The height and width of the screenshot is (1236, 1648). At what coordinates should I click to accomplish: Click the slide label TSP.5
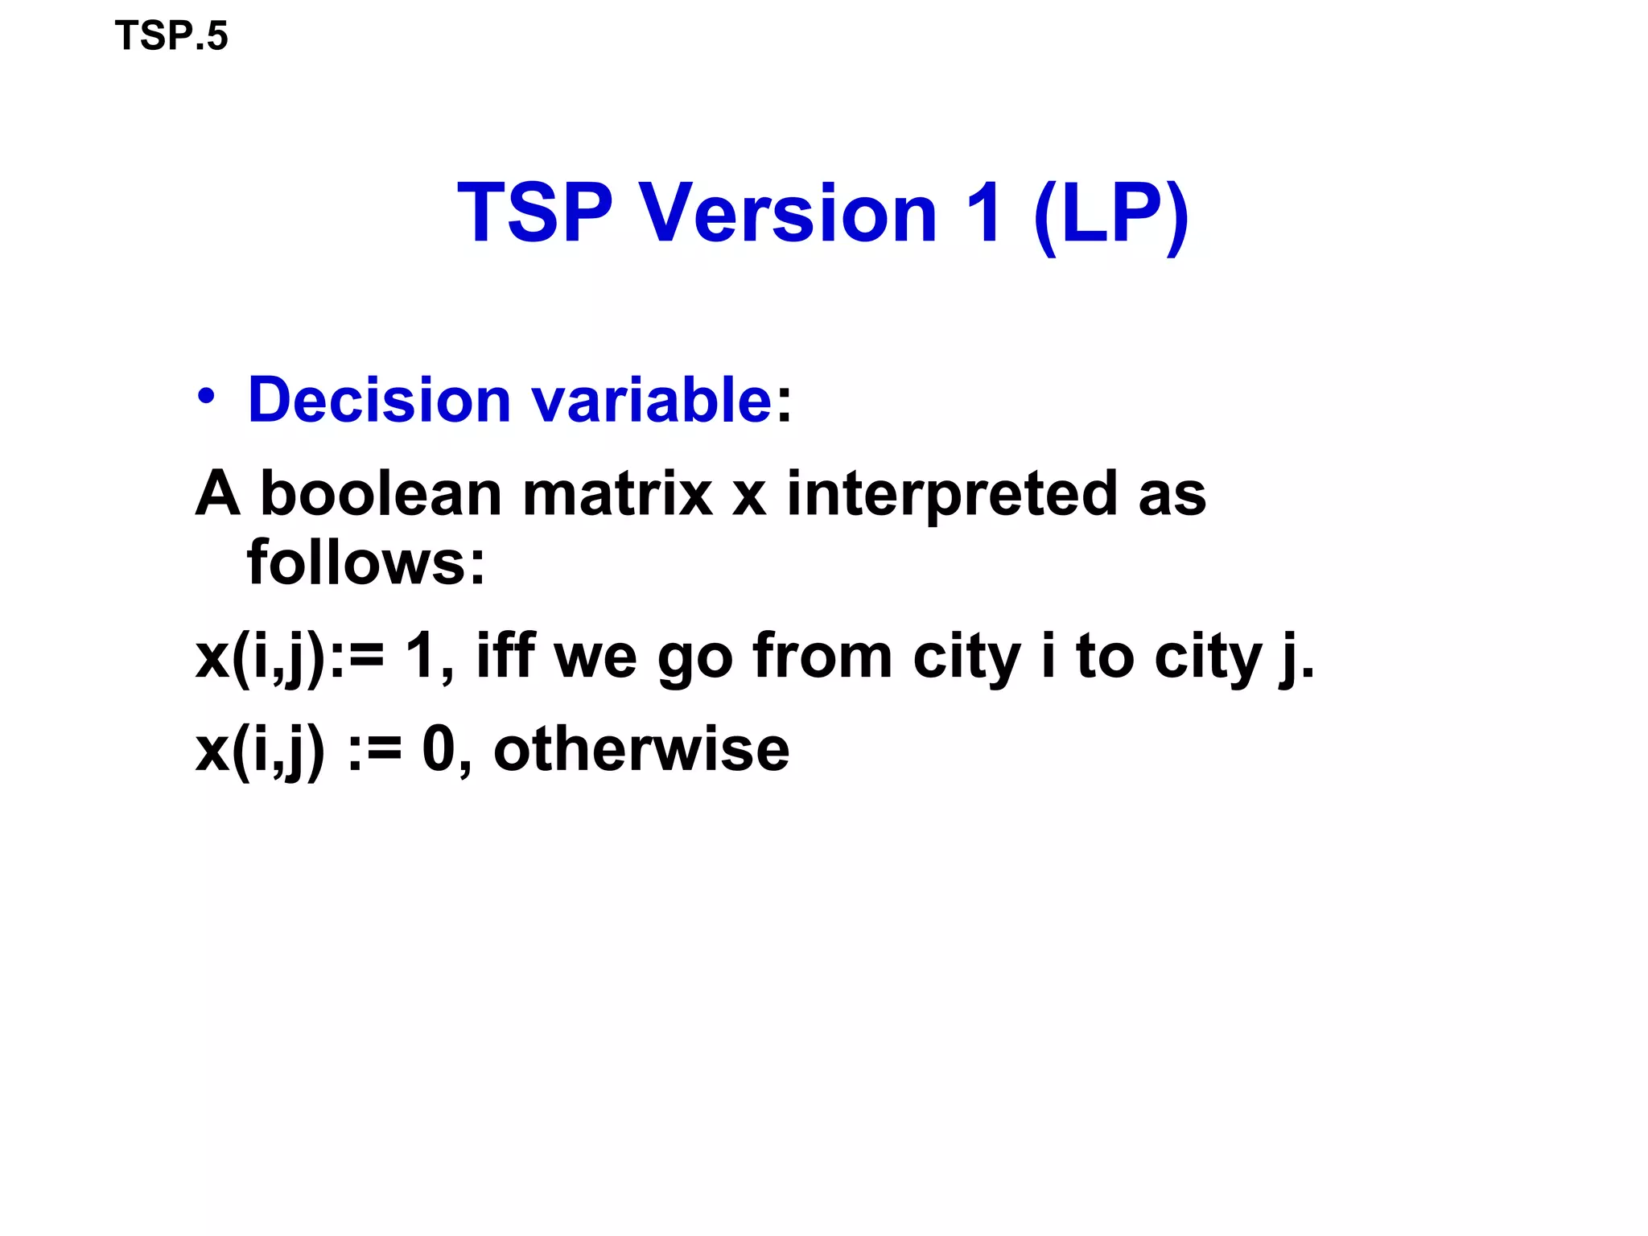pyautogui.click(x=171, y=36)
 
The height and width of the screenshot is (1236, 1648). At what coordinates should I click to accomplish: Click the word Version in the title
pyautogui.click(x=789, y=212)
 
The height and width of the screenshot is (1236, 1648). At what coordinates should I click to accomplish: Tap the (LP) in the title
pyautogui.click(x=1110, y=212)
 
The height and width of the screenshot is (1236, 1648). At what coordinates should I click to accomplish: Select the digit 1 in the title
pyautogui.click(x=985, y=212)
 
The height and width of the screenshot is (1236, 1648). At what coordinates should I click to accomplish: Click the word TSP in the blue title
pyautogui.click(x=535, y=212)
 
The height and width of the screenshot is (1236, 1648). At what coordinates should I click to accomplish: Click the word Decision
pyautogui.click(x=379, y=400)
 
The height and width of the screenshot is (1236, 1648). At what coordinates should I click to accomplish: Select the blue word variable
pyautogui.click(x=651, y=400)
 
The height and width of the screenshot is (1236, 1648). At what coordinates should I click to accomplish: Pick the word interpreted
pyautogui.click(x=951, y=495)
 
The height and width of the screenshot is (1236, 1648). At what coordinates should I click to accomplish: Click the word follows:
pyautogui.click(x=366, y=562)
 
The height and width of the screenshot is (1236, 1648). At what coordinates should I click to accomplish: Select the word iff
pyautogui.click(x=505, y=656)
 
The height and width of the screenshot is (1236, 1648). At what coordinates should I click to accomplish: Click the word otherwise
pyautogui.click(x=641, y=749)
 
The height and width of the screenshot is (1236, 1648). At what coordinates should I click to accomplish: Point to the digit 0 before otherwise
pyautogui.click(x=439, y=749)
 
